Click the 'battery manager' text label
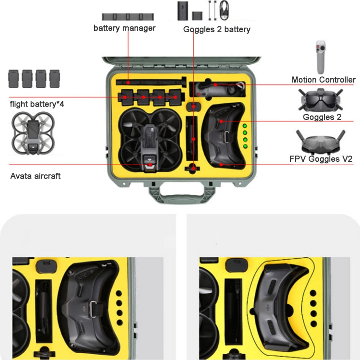pyautogui.click(x=124, y=28)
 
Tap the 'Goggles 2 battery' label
pyautogui.click(x=217, y=30)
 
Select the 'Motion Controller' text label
pyautogui.click(x=324, y=80)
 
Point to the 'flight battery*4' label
pyautogui.click(x=37, y=104)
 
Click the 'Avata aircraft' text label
pyautogui.click(x=36, y=176)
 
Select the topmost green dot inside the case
pyautogui.click(x=244, y=126)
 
